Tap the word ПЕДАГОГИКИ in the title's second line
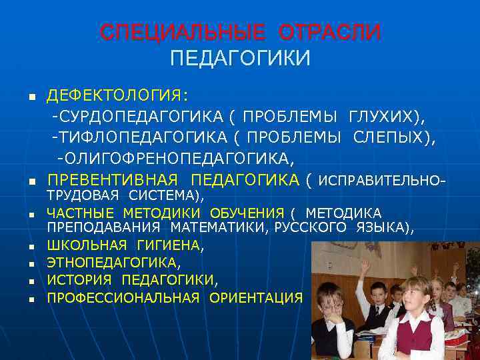(240, 59)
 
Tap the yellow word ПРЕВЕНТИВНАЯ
(112, 180)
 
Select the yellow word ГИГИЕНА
(169, 245)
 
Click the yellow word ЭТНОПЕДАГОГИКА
(111, 263)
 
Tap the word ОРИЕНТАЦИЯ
(255, 297)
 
